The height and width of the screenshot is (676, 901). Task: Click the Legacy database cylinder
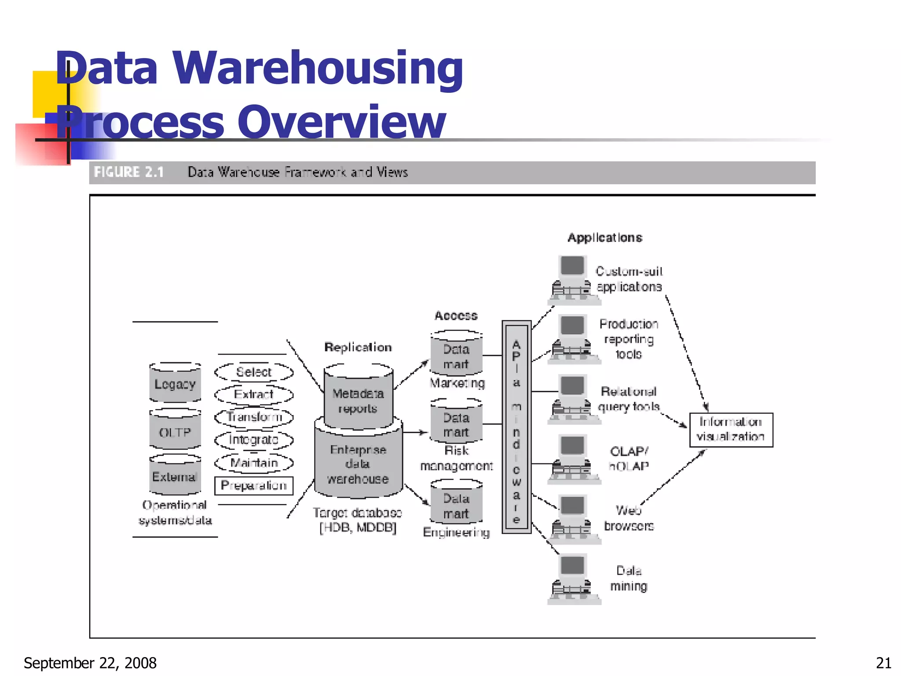(x=175, y=383)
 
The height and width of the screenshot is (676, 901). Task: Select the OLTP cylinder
(x=175, y=430)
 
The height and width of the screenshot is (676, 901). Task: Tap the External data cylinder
(x=175, y=475)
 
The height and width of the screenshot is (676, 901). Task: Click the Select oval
(x=254, y=372)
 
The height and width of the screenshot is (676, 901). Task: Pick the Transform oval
(x=254, y=417)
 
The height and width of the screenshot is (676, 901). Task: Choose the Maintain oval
(x=254, y=463)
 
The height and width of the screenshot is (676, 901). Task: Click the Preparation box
(x=254, y=485)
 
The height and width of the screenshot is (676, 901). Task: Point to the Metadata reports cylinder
(x=358, y=398)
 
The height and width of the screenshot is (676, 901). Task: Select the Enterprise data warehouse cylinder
(x=358, y=462)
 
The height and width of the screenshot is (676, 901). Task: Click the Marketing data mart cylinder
(x=456, y=355)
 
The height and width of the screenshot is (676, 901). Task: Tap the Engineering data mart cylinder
(x=456, y=504)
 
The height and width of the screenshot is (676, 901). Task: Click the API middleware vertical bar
(x=516, y=427)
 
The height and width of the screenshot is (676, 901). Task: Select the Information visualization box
(x=731, y=430)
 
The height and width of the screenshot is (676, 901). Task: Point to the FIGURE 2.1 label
(x=129, y=172)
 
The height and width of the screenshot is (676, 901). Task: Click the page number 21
(x=883, y=663)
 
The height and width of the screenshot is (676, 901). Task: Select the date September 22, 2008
(x=90, y=663)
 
